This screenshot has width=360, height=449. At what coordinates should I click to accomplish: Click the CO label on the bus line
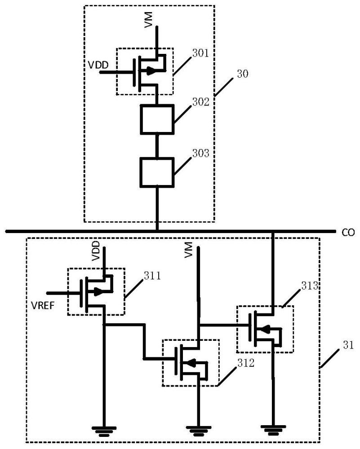click(348, 233)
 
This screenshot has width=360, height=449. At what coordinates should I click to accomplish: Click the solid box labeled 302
click(157, 119)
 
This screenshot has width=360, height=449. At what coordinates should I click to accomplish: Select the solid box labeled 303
click(157, 172)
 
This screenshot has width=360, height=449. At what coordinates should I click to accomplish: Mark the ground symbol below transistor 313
click(273, 430)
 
